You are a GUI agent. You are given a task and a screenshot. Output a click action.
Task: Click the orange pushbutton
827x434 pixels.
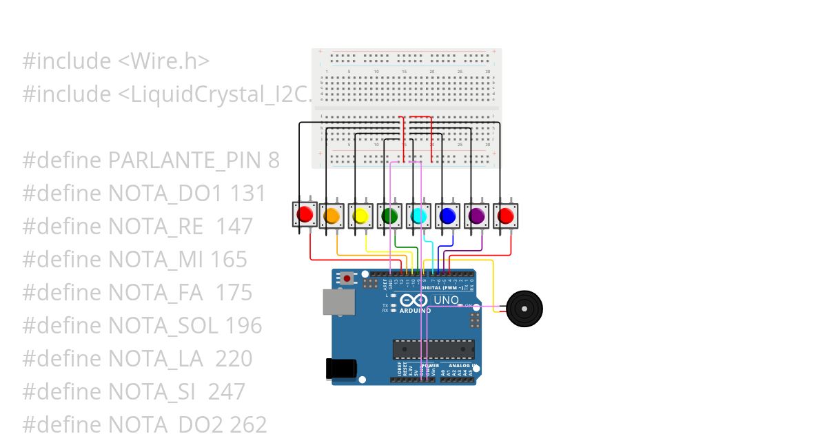click(x=332, y=216)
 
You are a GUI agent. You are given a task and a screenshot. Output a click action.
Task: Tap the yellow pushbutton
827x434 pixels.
click(x=360, y=216)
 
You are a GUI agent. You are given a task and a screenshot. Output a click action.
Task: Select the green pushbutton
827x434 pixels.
click(x=390, y=216)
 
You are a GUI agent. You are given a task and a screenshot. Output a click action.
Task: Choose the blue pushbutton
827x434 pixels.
click(x=448, y=216)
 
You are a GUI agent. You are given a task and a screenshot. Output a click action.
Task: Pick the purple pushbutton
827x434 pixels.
click(x=477, y=216)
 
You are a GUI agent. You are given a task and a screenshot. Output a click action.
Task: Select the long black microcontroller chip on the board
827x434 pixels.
click(x=433, y=350)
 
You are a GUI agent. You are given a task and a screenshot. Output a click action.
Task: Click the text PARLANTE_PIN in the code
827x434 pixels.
click(x=184, y=161)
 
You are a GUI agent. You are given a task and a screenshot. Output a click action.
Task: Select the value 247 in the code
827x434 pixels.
click(x=227, y=391)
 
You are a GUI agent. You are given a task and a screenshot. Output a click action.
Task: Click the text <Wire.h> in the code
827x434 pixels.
click(x=164, y=61)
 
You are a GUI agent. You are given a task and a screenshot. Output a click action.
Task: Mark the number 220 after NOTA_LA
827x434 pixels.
click(x=234, y=358)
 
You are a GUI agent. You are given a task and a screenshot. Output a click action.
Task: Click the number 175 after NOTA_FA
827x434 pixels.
click(x=234, y=292)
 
